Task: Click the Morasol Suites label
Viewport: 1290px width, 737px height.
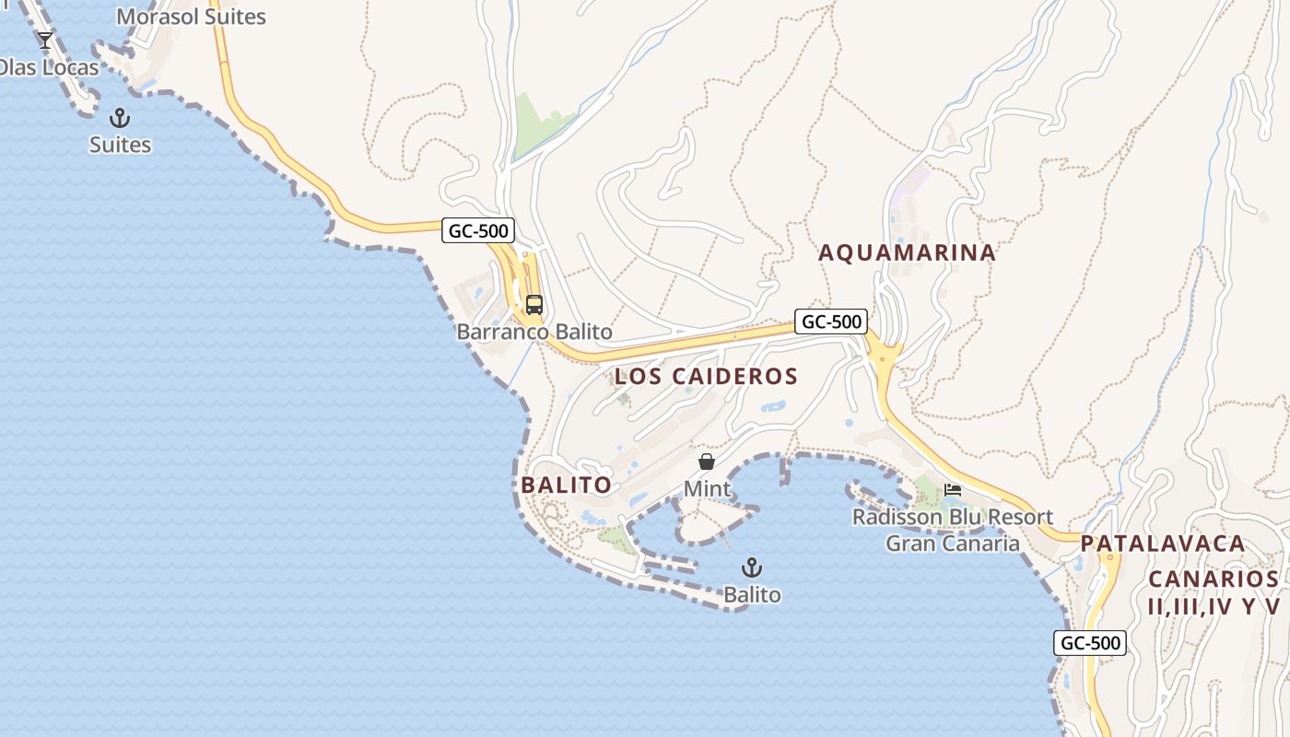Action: [x=191, y=17]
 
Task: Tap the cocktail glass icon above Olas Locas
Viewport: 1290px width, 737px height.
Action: [x=44, y=41]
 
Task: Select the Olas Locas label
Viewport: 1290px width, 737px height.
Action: [x=48, y=67]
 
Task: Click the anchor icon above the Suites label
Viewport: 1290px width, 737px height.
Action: [x=119, y=118]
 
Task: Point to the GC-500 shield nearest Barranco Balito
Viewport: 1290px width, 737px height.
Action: [x=477, y=230]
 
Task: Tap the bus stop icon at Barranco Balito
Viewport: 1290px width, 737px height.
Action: [x=534, y=304]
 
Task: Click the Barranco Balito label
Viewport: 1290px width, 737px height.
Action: [x=534, y=332]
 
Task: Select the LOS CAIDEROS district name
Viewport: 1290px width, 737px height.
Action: [x=706, y=376]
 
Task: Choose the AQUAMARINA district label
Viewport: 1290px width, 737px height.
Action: [x=908, y=252]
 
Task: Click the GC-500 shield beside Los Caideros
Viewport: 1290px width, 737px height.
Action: [x=831, y=322]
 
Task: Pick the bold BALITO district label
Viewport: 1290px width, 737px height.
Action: [x=566, y=485]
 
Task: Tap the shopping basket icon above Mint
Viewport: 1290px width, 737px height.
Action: [x=706, y=462]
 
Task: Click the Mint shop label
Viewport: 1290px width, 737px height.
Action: [x=707, y=489]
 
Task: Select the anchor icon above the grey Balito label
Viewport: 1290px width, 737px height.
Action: [x=752, y=567]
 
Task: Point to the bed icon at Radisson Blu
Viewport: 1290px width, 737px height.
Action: [x=953, y=489]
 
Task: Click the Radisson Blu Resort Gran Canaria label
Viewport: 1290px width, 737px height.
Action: [x=953, y=530]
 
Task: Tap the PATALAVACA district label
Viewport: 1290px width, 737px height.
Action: [x=1163, y=544]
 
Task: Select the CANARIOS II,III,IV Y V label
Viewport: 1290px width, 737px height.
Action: [x=1214, y=592]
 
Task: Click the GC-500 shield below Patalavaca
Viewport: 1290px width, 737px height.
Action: [x=1090, y=643]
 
